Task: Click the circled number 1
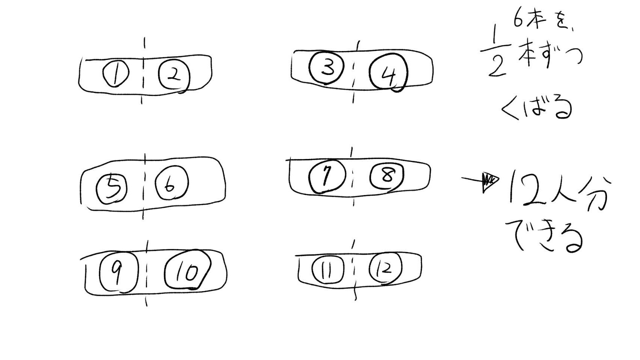point(115,74)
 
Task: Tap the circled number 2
point(174,75)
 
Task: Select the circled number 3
point(326,68)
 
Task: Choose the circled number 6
point(171,184)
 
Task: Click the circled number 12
point(385,268)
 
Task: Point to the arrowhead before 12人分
point(490,182)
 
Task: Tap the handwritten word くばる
point(536,108)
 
